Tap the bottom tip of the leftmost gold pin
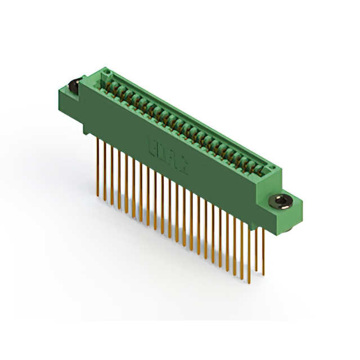[x=98, y=196]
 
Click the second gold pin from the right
[x=256, y=247]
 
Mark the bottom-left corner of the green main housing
[x=84, y=134]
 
